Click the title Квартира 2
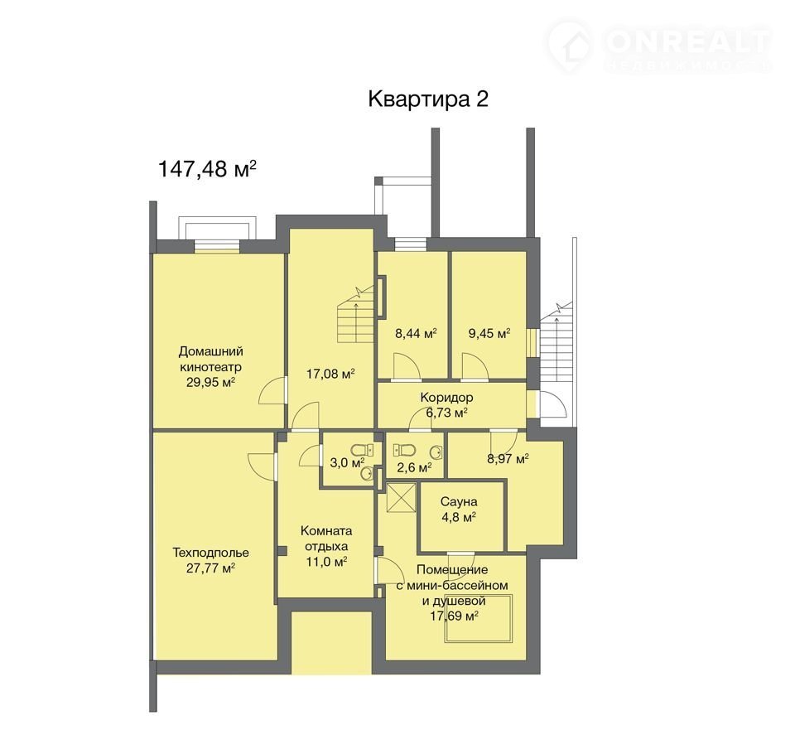(428, 99)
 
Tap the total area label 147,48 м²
(207, 168)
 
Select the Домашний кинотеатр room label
(211, 359)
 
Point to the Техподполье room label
(210, 552)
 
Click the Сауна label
(458, 502)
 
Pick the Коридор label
(446, 397)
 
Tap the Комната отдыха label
(326, 539)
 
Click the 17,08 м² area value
(330, 374)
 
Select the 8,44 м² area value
(416, 333)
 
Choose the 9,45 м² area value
(489, 333)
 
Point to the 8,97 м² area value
(508, 459)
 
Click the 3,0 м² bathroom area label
(347, 462)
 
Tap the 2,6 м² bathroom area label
(414, 466)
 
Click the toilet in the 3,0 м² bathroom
(360, 450)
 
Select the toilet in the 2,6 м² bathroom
(405, 450)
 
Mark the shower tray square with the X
(401, 498)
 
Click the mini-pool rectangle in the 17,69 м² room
(479, 618)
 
